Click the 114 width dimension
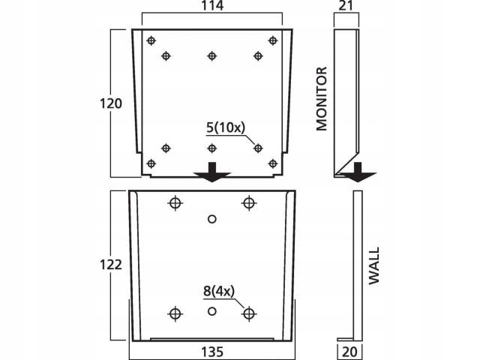pyautogui.click(x=212, y=5)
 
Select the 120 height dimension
pyautogui.click(x=111, y=103)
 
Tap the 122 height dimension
pyautogui.click(x=111, y=265)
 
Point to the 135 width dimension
pyautogui.click(x=212, y=352)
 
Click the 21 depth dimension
pyautogui.click(x=346, y=5)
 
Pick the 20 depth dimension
pyautogui.click(x=349, y=352)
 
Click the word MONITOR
pyautogui.click(x=322, y=98)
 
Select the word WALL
pyautogui.click(x=373, y=265)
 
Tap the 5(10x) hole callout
pyautogui.click(x=226, y=127)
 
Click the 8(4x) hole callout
pyautogui.click(x=219, y=291)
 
